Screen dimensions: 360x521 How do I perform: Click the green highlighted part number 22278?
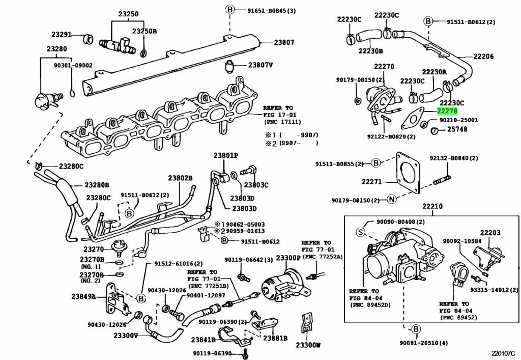(x=447, y=111)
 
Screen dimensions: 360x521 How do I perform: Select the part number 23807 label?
(x=284, y=43)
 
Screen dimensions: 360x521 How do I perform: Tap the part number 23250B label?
(x=144, y=31)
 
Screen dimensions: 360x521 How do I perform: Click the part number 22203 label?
(x=490, y=232)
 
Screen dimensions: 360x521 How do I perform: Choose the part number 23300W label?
(x=309, y=345)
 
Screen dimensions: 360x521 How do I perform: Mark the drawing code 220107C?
(x=503, y=352)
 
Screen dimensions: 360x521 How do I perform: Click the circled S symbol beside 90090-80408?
(x=360, y=232)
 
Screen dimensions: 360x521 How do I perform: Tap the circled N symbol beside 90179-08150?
(x=391, y=199)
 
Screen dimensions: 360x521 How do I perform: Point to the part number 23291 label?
(x=62, y=35)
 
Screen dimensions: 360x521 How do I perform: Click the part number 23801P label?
(x=225, y=155)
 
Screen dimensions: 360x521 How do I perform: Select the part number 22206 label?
(x=483, y=57)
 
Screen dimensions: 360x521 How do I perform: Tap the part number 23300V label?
(x=126, y=336)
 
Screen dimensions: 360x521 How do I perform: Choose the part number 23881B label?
(x=275, y=338)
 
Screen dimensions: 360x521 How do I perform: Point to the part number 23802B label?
(x=181, y=178)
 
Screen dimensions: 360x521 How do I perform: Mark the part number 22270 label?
(x=384, y=67)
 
